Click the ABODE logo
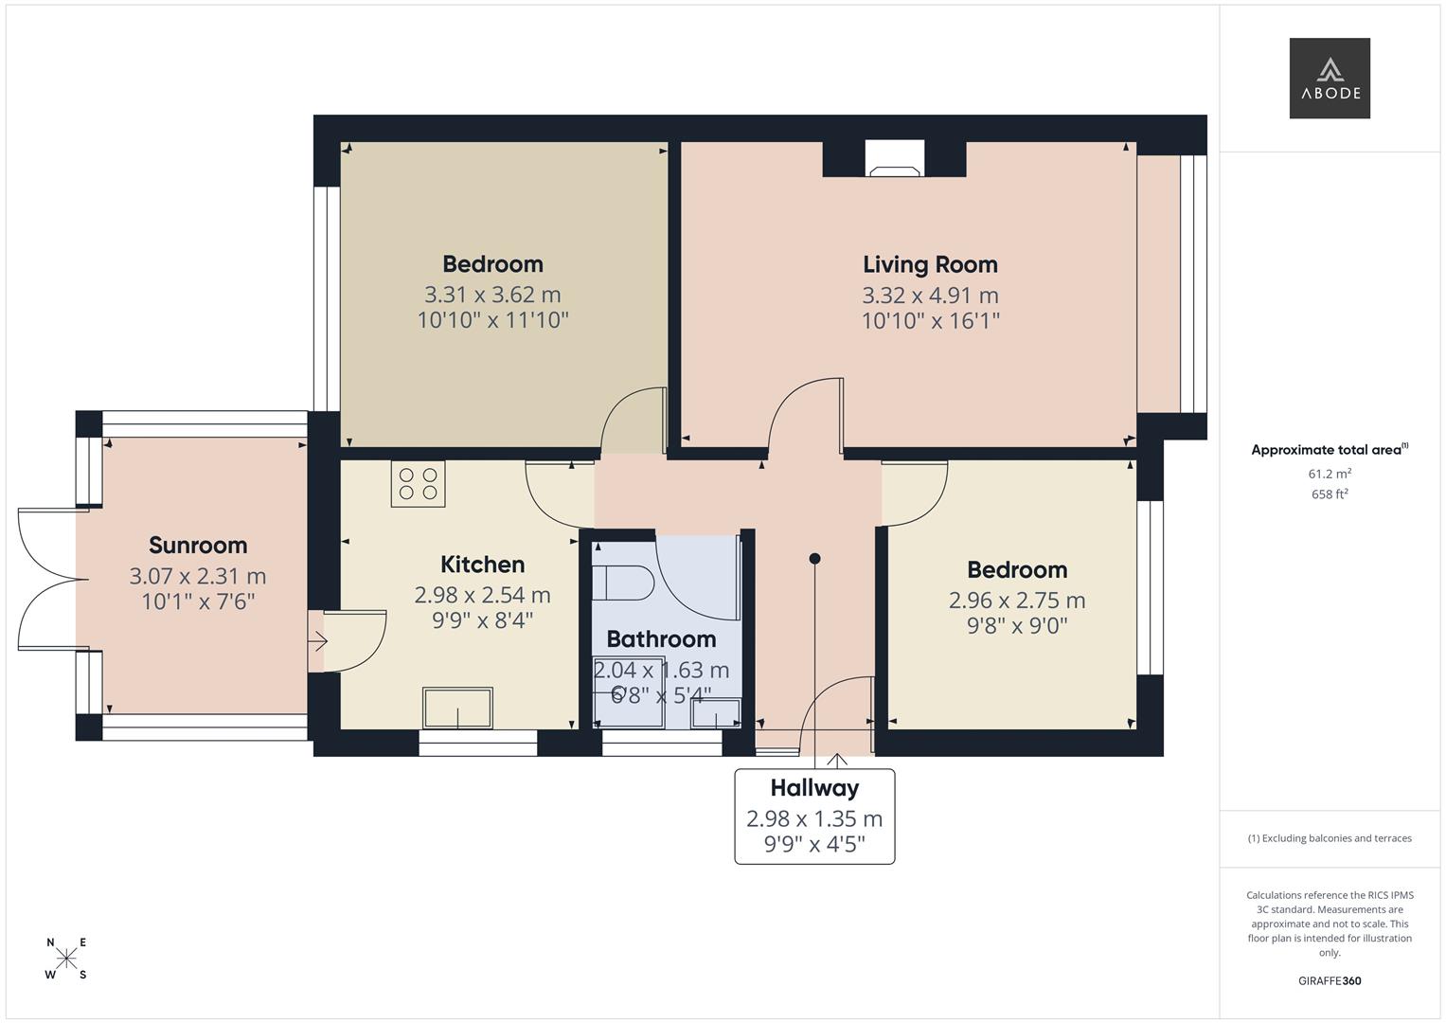(1329, 78)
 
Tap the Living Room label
(930, 264)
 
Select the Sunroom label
(198, 545)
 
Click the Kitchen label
(482, 565)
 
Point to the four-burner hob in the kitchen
(418, 483)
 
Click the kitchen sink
(458, 709)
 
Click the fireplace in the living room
(895, 159)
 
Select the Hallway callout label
(814, 788)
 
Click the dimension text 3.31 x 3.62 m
(492, 295)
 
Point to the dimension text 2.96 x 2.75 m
(1017, 601)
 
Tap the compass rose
(66, 959)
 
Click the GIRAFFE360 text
(1329, 980)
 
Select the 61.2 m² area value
(1329, 474)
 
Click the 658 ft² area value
(1329, 494)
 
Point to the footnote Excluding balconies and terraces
(1329, 838)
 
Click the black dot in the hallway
(814, 559)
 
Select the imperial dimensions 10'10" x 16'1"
(930, 321)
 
